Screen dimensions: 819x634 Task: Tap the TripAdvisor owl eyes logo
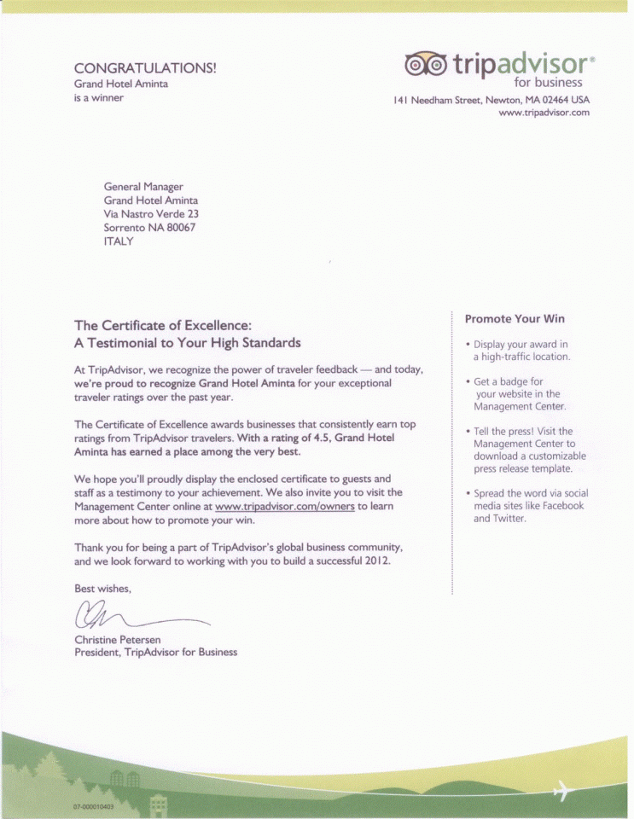point(424,63)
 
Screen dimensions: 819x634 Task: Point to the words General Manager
point(143,187)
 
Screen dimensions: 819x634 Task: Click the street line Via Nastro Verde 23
point(151,214)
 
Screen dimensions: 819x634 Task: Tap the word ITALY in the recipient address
point(118,241)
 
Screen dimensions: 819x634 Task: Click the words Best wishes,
point(103,588)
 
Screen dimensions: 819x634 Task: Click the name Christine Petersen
point(118,639)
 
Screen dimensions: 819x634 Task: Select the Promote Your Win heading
point(515,319)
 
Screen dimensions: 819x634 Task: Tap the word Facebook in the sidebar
point(563,506)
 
